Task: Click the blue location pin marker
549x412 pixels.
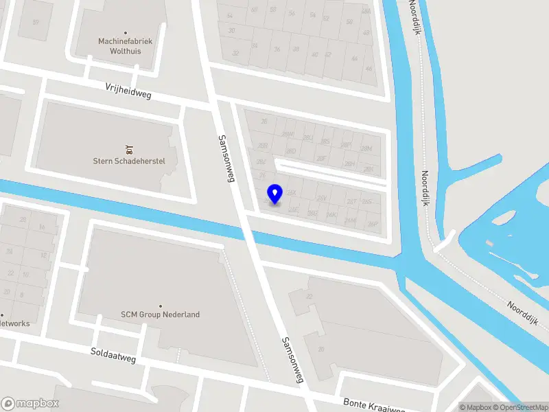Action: [x=274, y=194]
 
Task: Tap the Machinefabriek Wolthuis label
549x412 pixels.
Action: [x=125, y=46]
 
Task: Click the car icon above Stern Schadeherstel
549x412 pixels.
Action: [x=128, y=148]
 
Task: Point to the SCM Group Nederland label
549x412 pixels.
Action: [x=161, y=314]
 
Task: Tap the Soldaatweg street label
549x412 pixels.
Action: [x=113, y=355]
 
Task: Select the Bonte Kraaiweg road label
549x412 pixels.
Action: [x=371, y=404]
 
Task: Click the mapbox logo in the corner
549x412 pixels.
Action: [x=30, y=403]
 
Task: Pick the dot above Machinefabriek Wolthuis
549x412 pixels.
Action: [x=125, y=32]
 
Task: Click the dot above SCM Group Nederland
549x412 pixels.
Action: [x=161, y=306]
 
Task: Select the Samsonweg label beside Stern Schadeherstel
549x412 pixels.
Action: [x=224, y=159]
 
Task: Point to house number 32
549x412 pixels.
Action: [x=235, y=53]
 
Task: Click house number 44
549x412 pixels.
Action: [x=354, y=59]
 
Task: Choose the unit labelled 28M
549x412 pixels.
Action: [x=367, y=148]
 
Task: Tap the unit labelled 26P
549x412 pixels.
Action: [x=373, y=224]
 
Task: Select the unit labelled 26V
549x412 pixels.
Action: [x=321, y=198]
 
